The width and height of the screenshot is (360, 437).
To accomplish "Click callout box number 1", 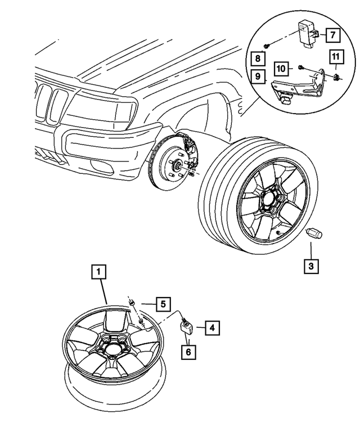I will (x=98, y=273).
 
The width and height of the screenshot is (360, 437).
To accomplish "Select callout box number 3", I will (x=312, y=266).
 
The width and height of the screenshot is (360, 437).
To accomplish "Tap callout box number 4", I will (x=211, y=327).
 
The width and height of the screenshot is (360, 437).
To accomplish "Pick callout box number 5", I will (x=163, y=304).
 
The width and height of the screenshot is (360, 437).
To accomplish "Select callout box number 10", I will (x=282, y=69).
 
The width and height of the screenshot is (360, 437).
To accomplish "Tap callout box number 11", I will (x=336, y=56).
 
